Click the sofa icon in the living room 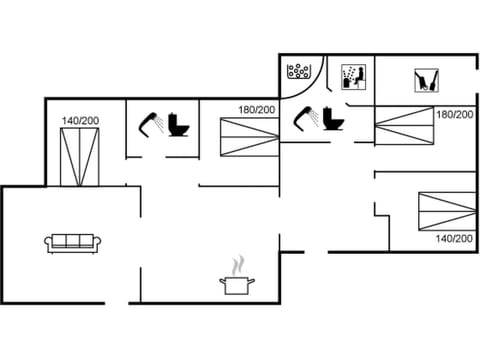70,242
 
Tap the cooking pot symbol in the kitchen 236,285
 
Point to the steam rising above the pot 236,266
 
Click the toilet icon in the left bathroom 180,125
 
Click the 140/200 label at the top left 79,121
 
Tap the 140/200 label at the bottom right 454,238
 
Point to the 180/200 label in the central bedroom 257,110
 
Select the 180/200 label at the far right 454,115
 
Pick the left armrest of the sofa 48,242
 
